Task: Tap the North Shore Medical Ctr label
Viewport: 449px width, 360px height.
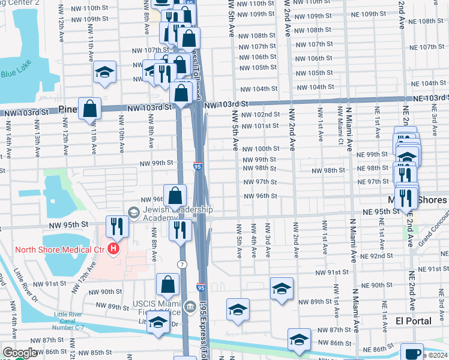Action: pyautogui.click(x=52, y=249)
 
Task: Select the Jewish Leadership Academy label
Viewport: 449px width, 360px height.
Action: pyautogui.click(x=177, y=214)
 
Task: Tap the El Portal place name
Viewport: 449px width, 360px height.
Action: pyautogui.click(x=415, y=321)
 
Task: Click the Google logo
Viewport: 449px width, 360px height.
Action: pyautogui.click(x=19, y=353)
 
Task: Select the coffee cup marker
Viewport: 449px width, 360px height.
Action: pyautogui.click(x=412, y=353)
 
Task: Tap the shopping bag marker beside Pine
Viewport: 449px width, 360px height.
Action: pyautogui.click(x=90, y=109)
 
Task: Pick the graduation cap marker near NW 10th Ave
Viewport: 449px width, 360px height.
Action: pyautogui.click(x=105, y=73)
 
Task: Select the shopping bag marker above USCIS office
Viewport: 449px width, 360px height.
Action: pyautogui.click(x=169, y=284)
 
